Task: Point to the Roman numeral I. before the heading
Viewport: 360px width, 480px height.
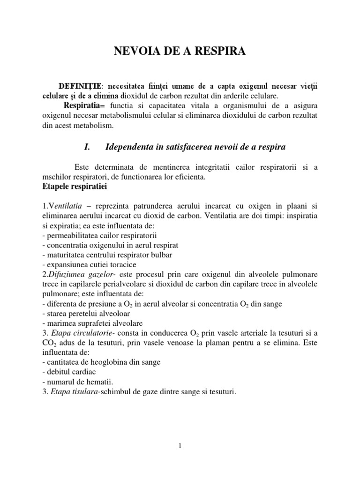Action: click(86, 147)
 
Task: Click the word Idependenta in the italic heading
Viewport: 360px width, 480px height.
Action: click(131, 147)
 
